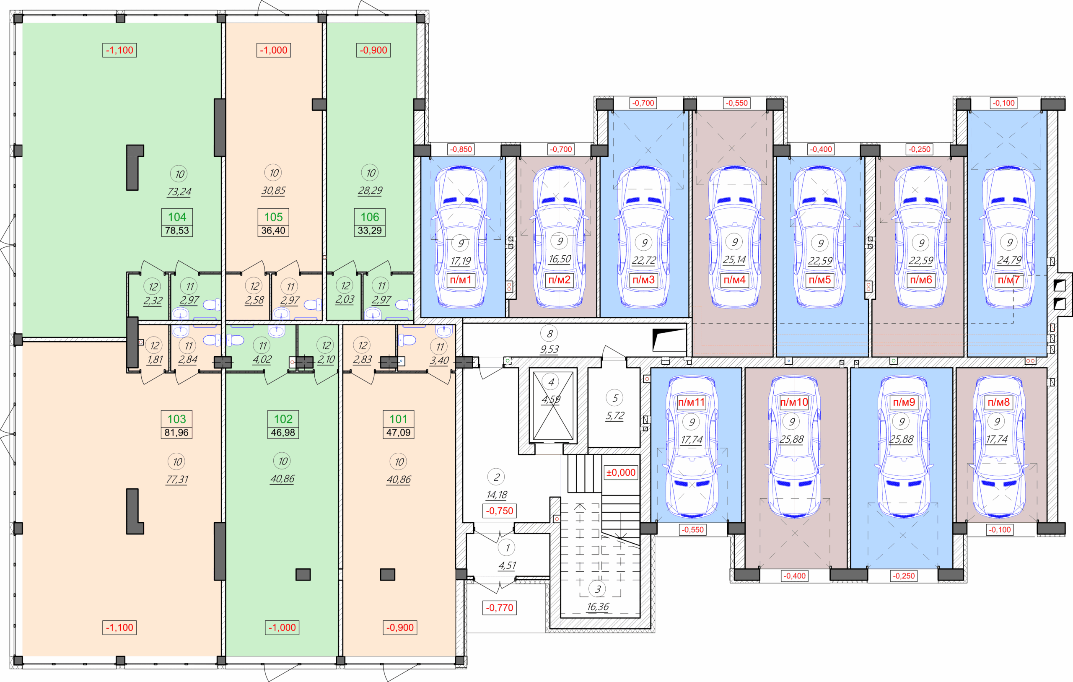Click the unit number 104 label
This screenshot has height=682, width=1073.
(x=177, y=217)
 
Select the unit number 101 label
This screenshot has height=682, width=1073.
(x=398, y=419)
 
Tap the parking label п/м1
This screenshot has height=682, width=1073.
(x=460, y=280)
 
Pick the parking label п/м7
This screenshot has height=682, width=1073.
(x=1008, y=280)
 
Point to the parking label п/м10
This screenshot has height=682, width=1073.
(x=793, y=402)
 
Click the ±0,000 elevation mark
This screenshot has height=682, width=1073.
(x=621, y=472)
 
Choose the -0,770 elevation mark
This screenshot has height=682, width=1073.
(x=500, y=607)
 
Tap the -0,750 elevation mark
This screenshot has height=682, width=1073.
(x=500, y=511)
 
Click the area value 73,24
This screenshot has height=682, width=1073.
(x=179, y=192)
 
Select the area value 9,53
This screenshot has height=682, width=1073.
(x=549, y=350)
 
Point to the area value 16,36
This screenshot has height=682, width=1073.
(x=598, y=607)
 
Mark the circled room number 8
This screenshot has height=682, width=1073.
(x=549, y=333)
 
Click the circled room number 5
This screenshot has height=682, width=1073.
(x=615, y=398)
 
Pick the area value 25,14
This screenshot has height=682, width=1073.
(x=734, y=259)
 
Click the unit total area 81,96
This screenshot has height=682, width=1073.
(x=176, y=432)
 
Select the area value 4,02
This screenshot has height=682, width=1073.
(x=262, y=359)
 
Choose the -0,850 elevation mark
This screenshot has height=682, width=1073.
(x=461, y=149)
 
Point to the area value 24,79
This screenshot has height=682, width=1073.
(x=1009, y=260)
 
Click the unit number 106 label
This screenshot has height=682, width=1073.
(x=370, y=217)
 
